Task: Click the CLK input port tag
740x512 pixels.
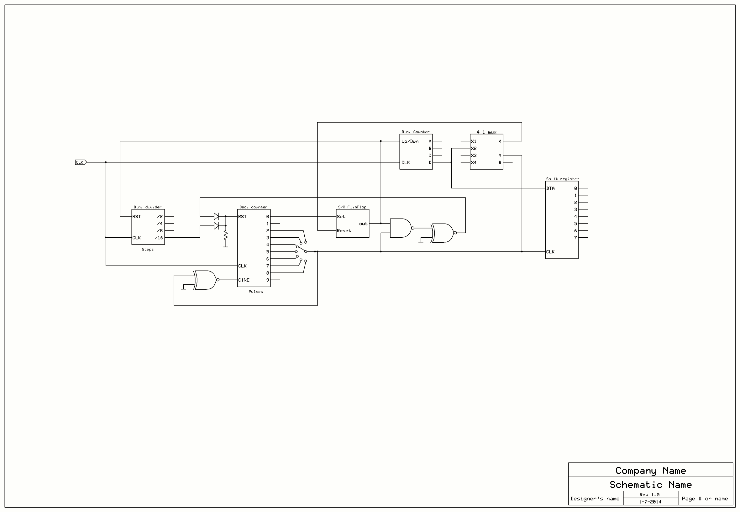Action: click(x=81, y=162)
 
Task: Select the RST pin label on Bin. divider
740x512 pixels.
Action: click(x=137, y=217)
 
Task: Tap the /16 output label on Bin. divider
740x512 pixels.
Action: click(x=159, y=238)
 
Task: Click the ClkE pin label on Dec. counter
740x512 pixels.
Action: click(x=244, y=280)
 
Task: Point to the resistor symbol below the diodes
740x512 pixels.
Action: click(x=226, y=235)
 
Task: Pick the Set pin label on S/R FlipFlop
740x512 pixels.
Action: click(x=341, y=217)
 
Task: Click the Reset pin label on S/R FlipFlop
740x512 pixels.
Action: click(x=344, y=231)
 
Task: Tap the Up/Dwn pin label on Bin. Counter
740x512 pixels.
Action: click(x=410, y=141)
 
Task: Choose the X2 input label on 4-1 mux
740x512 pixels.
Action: click(x=474, y=149)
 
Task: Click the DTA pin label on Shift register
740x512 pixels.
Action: click(x=550, y=188)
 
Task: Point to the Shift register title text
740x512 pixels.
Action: click(x=562, y=179)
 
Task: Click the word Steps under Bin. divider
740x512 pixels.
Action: click(x=148, y=249)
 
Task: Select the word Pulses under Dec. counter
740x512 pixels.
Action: click(x=255, y=292)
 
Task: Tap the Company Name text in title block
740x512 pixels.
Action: click(x=651, y=471)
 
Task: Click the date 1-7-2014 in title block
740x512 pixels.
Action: click(x=650, y=502)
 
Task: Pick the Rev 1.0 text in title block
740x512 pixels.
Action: click(x=649, y=495)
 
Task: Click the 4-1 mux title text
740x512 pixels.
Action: click(x=486, y=132)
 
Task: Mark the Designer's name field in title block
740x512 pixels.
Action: click(x=595, y=499)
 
